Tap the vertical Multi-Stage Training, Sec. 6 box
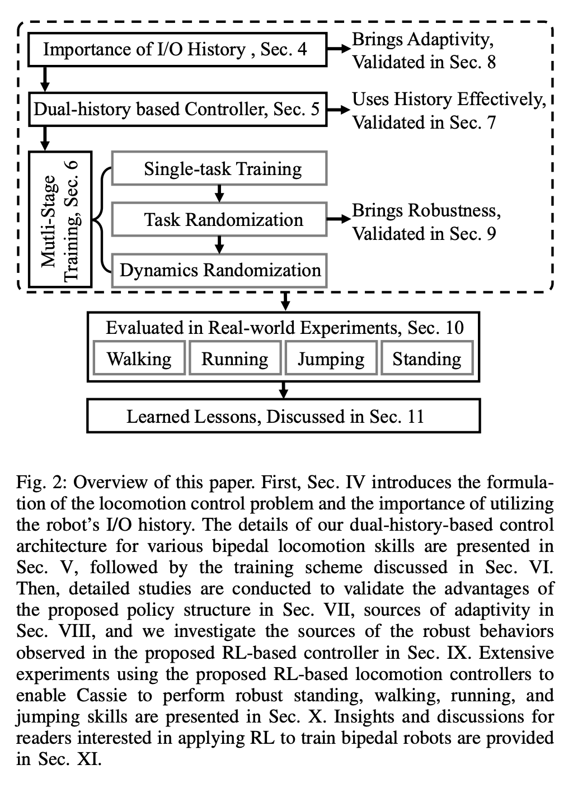click(x=60, y=219)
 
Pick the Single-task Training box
click(x=219, y=168)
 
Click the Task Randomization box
click(x=219, y=219)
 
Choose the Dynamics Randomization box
click(x=219, y=271)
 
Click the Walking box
click(x=139, y=359)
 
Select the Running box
click(x=235, y=359)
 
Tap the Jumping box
click(x=331, y=359)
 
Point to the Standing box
click(x=427, y=359)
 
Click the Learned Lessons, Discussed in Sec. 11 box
click(x=283, y=417)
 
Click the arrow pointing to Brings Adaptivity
click(x=337, y=50)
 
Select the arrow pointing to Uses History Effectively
click(x=337, y=109)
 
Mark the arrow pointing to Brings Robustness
click(x=337, y=219)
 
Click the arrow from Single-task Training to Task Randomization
click(x=219, y=193)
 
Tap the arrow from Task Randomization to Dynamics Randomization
click(x=219, y=244)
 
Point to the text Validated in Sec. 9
click(x=424, y=233)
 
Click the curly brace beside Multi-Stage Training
click(x=101, y=219)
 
